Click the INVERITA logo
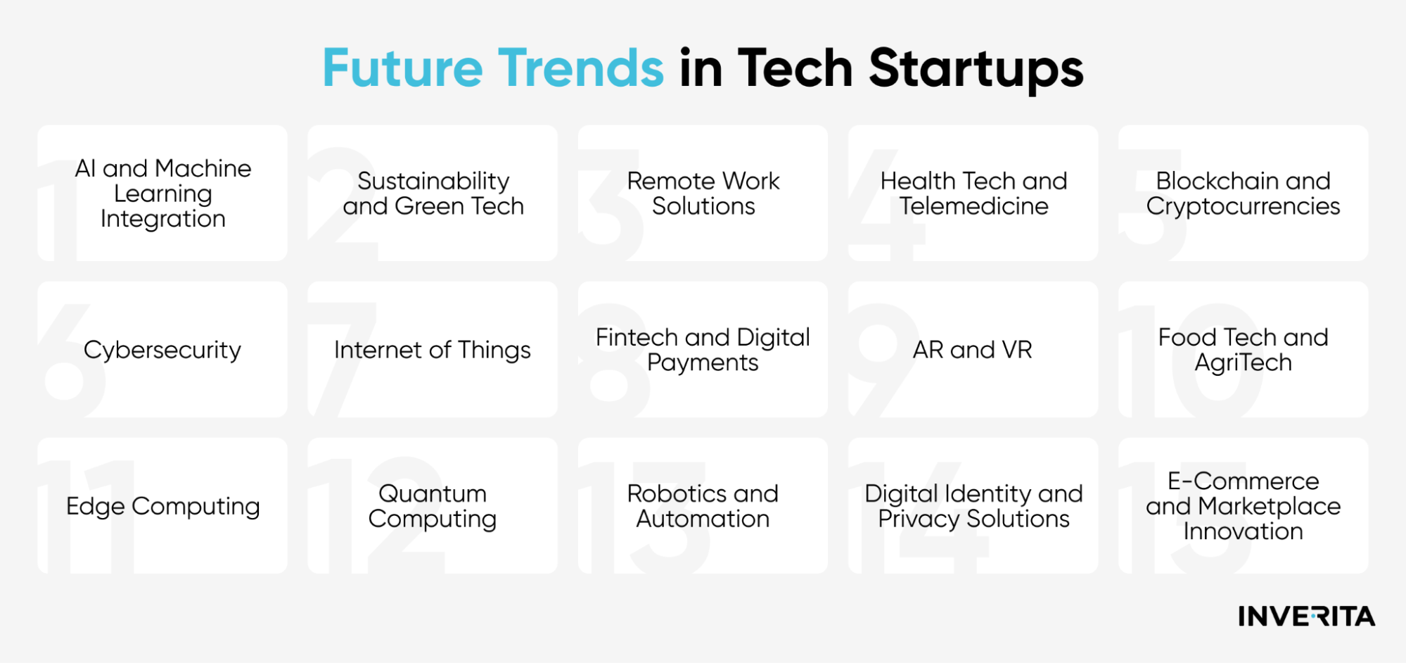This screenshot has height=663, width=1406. click(1306, 617)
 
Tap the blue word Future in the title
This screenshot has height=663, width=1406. click(403, 68)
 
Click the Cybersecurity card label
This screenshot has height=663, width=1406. click(162, 351)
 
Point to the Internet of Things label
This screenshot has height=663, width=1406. click(433, 351)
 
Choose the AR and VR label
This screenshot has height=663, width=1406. click(973, 350)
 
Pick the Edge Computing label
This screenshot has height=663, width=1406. click(163, 507)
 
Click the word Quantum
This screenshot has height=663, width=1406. click(433, 493)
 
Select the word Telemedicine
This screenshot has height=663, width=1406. click(974, 206)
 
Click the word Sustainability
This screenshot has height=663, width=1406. click(433, 182)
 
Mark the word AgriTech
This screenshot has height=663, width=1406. click(1244, 363)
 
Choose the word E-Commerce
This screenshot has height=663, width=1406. click(1244, 481)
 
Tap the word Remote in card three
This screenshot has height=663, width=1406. click(672, 181)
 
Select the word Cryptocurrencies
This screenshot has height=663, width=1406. click(1244, 207)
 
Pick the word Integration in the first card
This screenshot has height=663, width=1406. click(163, 220)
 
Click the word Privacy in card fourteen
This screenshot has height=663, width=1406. click(919, 519)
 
